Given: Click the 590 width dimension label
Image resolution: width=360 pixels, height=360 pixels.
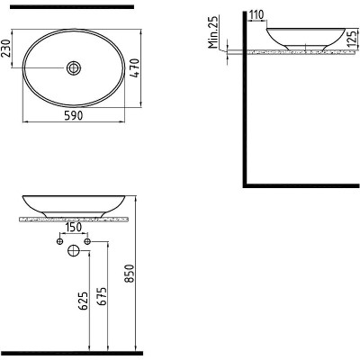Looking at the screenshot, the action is click(74, 116).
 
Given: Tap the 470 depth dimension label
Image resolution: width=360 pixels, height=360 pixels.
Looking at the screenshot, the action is click(135, 68).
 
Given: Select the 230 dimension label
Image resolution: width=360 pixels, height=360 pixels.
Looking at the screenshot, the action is click(5, 48).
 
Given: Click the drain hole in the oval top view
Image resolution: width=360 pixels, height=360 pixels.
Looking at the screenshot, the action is click(74, 67).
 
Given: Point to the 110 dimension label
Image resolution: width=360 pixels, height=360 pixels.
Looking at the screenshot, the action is click(256, 14).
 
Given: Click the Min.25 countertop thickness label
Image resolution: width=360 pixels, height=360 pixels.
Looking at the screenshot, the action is click(213, 32).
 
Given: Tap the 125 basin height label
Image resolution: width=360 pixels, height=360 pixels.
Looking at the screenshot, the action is click(354, 38).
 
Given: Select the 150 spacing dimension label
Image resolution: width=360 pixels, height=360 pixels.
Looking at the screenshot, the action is click(74, 227).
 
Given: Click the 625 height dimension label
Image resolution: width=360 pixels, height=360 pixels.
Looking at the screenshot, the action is click(83, 301).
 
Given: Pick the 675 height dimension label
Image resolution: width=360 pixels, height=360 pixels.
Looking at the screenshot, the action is click(102, 296).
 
